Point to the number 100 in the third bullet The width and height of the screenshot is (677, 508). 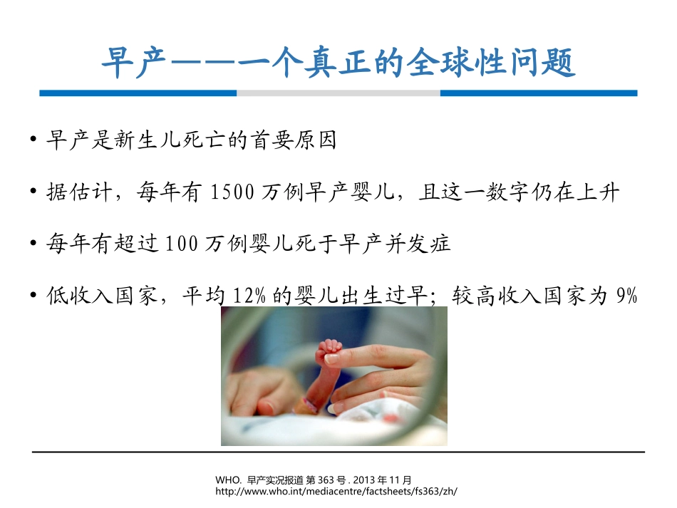178,244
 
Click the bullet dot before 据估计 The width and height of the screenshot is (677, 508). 34,193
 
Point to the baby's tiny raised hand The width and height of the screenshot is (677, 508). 329,350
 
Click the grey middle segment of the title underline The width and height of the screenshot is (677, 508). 338,93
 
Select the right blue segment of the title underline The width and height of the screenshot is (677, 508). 539,93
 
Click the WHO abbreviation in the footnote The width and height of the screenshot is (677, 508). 226,480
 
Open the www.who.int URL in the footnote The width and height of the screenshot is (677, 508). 334,492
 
